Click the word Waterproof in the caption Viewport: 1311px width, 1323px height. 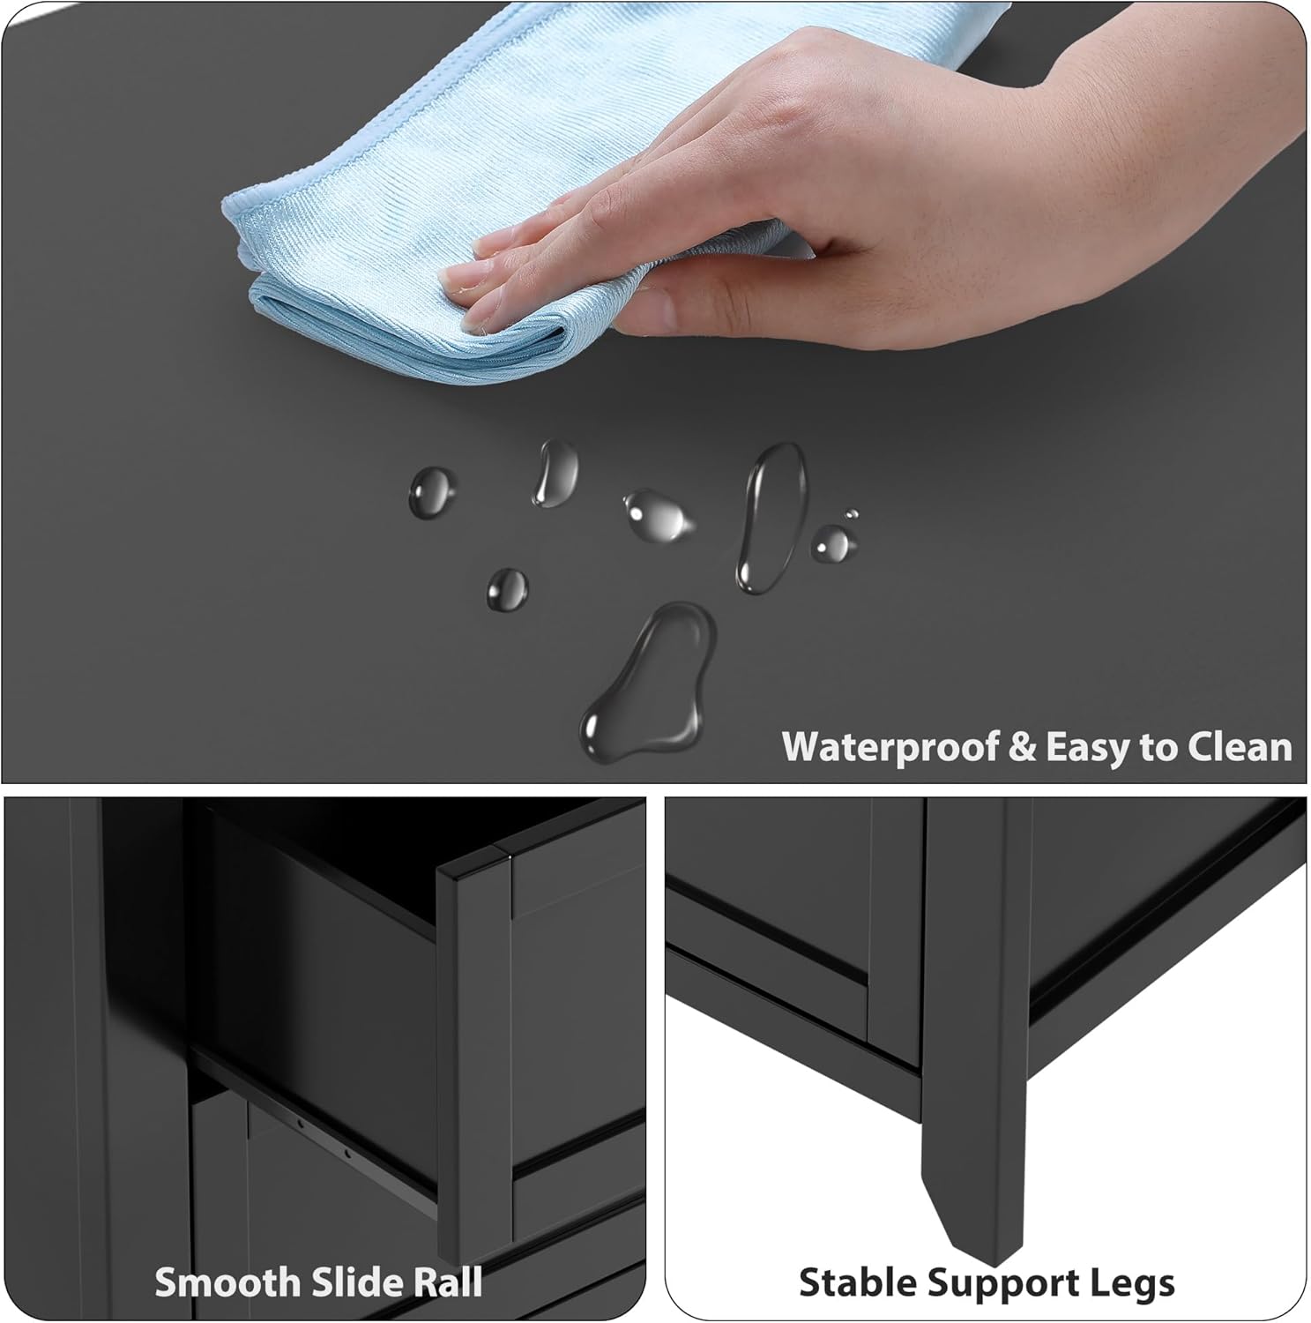[890, 748]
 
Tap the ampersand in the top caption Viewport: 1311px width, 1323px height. [1023, 747]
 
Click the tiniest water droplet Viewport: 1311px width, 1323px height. [851, 513]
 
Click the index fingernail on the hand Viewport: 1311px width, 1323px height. [458, 280]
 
